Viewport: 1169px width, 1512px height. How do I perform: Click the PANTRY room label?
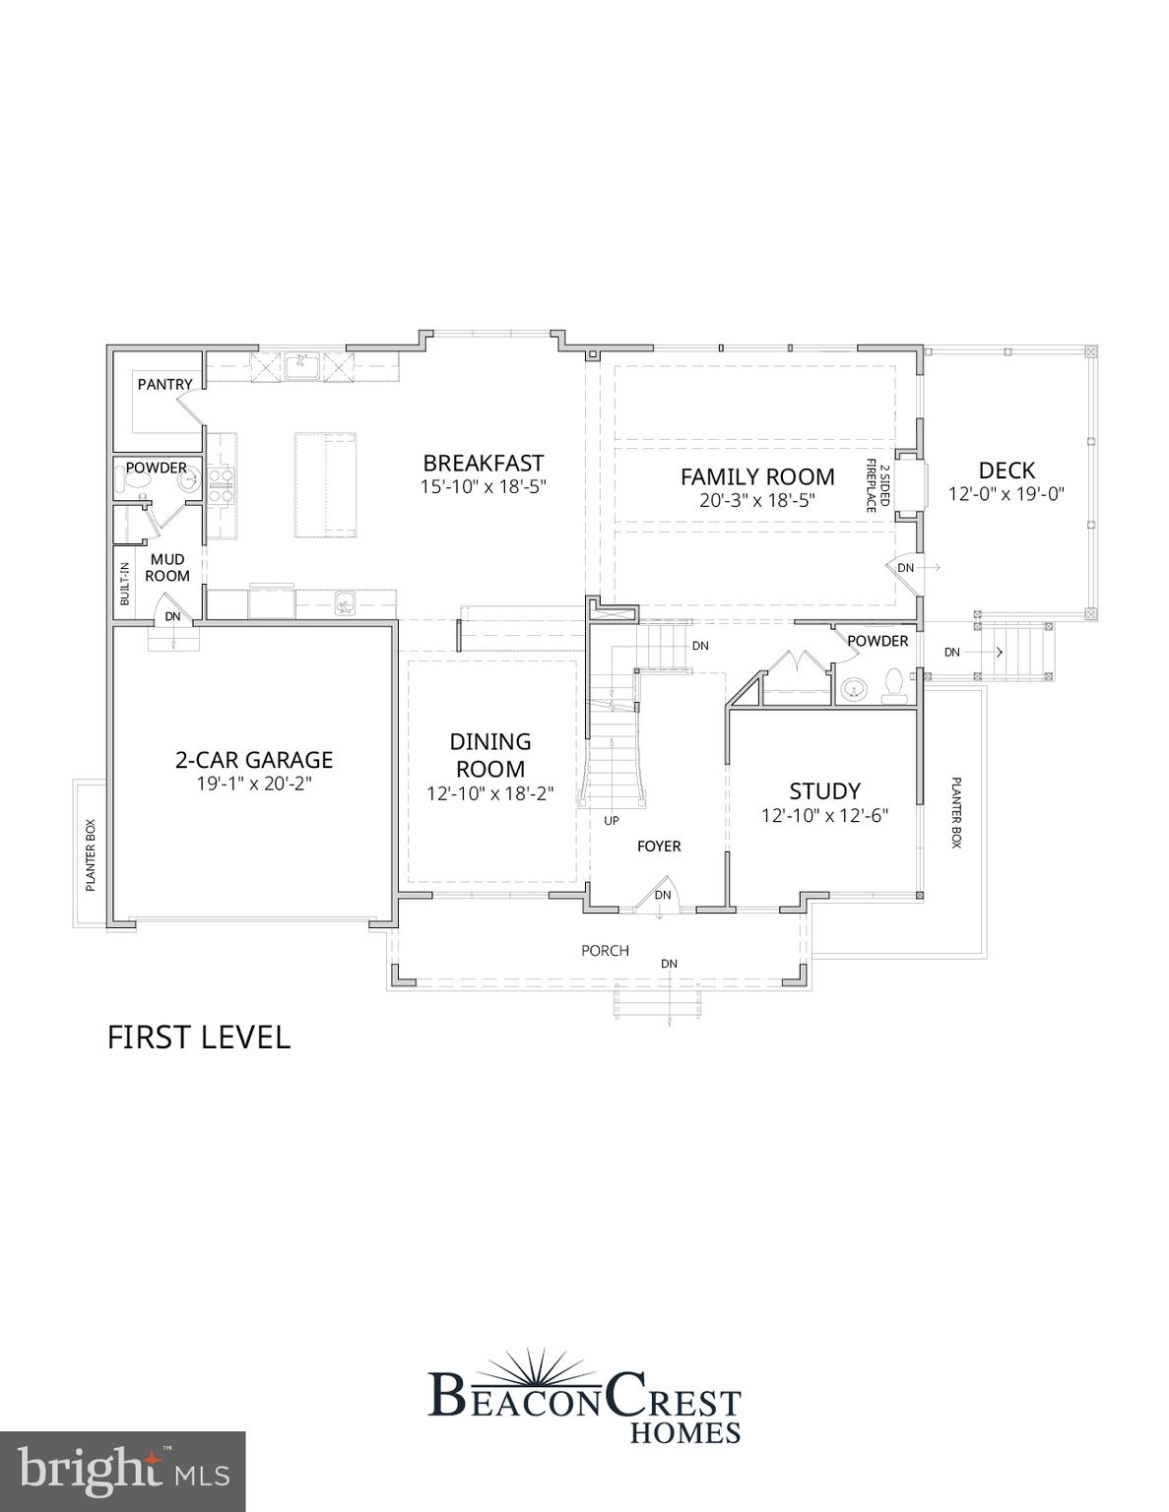(164, 384)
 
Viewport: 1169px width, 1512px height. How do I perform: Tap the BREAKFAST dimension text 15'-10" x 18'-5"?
(483, 485)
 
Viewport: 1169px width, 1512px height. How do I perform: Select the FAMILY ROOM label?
(757, 476)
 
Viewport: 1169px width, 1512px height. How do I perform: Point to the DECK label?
(1007, 471)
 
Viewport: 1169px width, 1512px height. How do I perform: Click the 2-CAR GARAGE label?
(254, 760)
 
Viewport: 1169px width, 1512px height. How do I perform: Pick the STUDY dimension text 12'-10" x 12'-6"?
(824, 816)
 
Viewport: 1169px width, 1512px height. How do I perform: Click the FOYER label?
(659, 846)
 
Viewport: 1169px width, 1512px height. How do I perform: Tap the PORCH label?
(605, 950)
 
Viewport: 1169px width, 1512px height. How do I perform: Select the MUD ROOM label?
(166, 568)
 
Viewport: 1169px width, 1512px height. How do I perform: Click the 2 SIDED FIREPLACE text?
(877, 485)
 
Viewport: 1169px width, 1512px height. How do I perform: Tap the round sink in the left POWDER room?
(188, 481)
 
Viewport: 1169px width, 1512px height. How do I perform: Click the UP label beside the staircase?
(612, 820)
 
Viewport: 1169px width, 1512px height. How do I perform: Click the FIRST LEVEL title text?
(198, 1038)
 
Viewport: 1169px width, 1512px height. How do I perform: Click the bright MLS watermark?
(122, 1472)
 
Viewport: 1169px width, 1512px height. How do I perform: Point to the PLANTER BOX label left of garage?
(91, 854)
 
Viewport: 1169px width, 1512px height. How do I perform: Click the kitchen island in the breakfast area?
(326, 484)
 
